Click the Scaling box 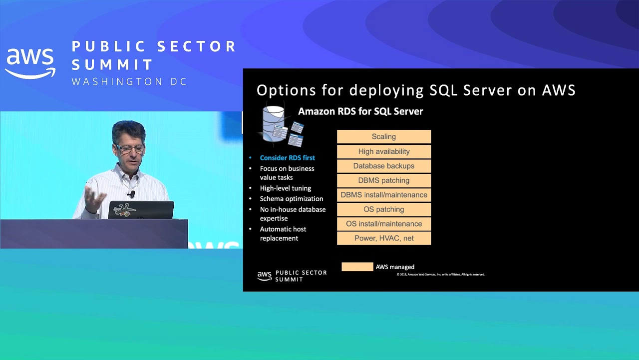click(384, 136)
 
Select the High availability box click(384, 151)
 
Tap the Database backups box click(384, 166)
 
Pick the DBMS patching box click(384, 180)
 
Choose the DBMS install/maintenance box click(384, 195)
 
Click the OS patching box click(384, 209)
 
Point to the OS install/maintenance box click(384, 224)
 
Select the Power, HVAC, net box click(384, 238)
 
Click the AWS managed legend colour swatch click(357, 267)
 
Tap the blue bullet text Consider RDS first click(287, 158)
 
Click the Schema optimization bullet click(291, 198)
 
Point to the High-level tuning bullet click(285, 188)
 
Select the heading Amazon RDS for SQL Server click(360, 111)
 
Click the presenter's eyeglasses click(129, 148)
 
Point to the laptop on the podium click(141, 210)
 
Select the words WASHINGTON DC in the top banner click(129, 81)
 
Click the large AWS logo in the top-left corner click(30, 63)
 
